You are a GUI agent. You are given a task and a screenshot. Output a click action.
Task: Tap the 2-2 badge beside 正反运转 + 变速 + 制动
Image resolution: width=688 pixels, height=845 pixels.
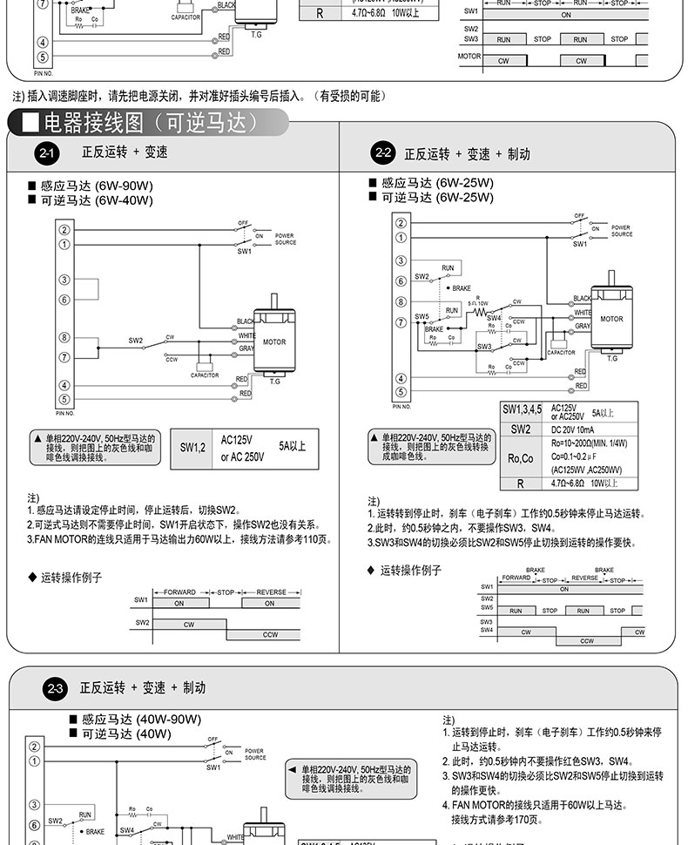pos(381,153)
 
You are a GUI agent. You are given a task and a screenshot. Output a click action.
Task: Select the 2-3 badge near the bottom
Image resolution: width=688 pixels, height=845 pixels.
pos(57,689)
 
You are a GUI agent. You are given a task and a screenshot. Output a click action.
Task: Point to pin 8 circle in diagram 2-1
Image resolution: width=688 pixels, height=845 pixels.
pos(64,337)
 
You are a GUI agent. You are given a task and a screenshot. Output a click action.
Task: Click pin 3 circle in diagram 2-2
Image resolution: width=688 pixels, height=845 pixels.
pos(401,261)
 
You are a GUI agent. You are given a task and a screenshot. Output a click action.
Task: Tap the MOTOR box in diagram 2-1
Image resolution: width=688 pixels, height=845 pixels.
pos(273,341)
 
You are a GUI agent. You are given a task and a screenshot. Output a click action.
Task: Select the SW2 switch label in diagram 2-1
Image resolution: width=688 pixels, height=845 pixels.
pos(136,340)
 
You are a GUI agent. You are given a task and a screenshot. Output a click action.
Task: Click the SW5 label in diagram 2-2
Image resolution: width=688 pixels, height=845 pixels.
pos(422,315)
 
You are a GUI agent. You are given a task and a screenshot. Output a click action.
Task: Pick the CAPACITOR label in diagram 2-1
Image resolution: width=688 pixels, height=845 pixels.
pos(205,375)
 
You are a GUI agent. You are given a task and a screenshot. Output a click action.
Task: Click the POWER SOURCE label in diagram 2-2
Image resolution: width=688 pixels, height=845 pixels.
pos(621,231)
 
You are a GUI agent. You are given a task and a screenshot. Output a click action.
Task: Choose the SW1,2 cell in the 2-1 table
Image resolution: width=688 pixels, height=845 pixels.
pos(192,448)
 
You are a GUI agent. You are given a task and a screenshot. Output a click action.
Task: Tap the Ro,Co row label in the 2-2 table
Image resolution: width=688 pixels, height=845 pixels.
pos(520,458)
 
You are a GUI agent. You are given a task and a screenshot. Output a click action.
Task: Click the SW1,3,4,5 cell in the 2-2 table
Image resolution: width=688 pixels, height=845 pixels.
pos(522,409)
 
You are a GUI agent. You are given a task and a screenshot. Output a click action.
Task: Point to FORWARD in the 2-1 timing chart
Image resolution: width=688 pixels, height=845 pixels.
pos(179,591)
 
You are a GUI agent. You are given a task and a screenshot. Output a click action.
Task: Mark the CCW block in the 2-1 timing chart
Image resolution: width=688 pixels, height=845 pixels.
pos(270,634)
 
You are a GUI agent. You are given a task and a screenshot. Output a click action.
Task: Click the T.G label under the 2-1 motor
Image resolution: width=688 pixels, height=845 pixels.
pos(274,381)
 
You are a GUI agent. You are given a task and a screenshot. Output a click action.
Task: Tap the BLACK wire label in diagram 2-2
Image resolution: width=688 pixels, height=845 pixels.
pos(582,299)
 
